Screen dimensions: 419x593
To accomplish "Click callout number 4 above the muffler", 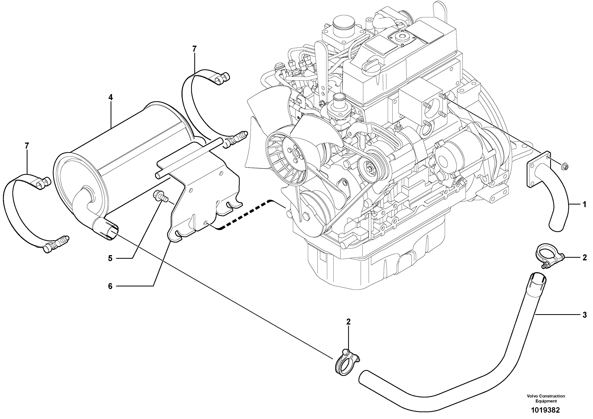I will click(x=111, y=98).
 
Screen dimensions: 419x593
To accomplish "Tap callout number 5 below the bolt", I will click(x=110, y=258).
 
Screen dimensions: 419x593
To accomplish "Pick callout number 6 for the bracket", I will click(x=110, y=286).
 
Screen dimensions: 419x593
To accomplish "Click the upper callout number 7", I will click(x=194, y=49).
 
